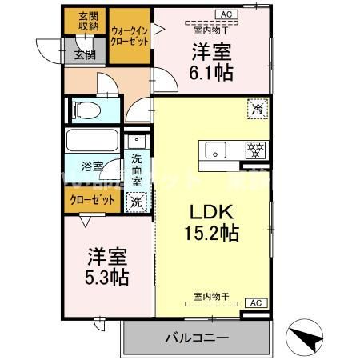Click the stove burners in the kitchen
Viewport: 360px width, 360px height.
coord(255,150)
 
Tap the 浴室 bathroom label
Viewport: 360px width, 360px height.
coord(93,167)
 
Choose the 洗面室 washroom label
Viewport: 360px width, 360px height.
coord(137,169)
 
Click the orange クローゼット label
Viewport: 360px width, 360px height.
coord(90,200)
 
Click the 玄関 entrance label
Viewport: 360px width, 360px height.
coord(85,54)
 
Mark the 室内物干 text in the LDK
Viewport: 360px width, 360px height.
coord(211,297)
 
